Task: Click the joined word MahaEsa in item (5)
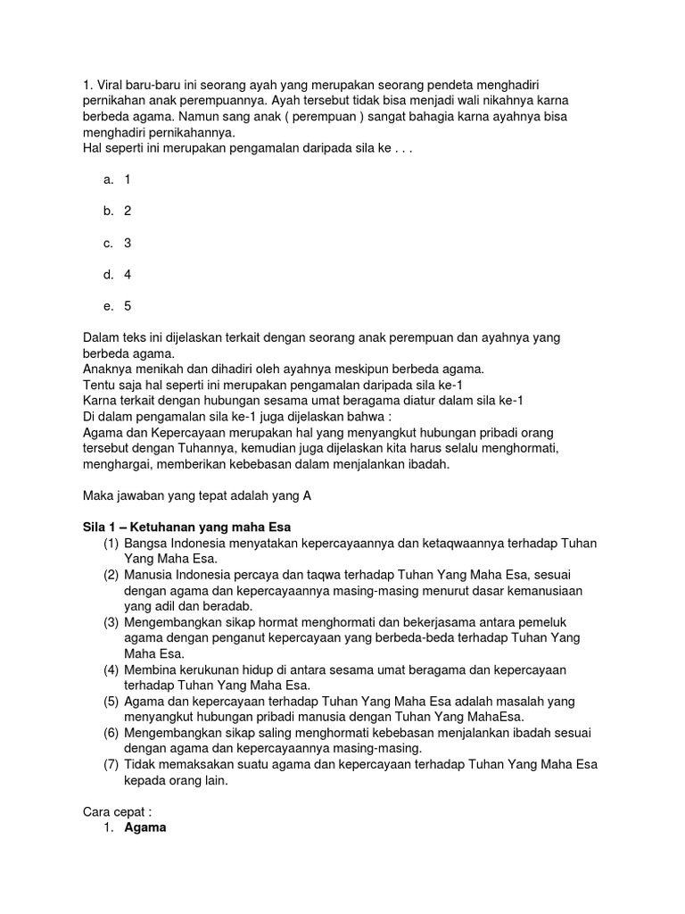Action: [499, 717]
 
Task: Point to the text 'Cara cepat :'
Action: [117, 811]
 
